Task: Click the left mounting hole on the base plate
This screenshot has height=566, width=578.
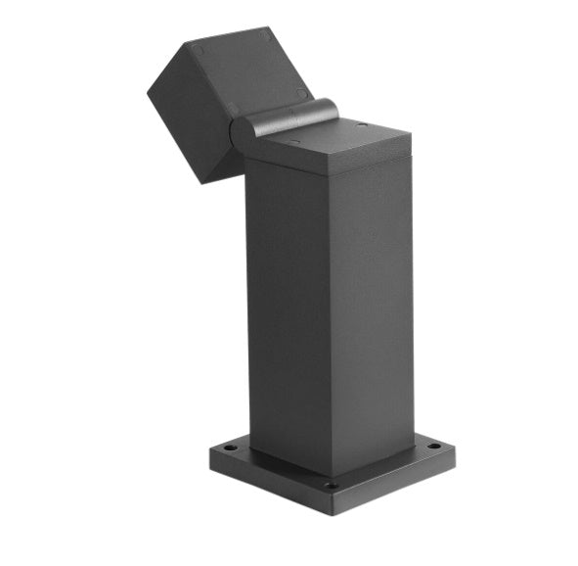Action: coord(231,448)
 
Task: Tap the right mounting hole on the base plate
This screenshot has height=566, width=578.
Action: coord(431,447)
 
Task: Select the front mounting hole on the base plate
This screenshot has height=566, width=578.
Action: coord(332,485)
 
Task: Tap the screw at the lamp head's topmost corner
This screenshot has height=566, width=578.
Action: coord(265,37)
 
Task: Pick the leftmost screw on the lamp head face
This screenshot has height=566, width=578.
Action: coord(198,49)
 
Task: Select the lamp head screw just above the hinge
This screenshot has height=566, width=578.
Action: coord(301,94)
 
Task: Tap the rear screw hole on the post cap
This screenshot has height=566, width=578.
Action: coord(362,125)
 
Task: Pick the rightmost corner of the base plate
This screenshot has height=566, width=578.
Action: coord(455,448)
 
